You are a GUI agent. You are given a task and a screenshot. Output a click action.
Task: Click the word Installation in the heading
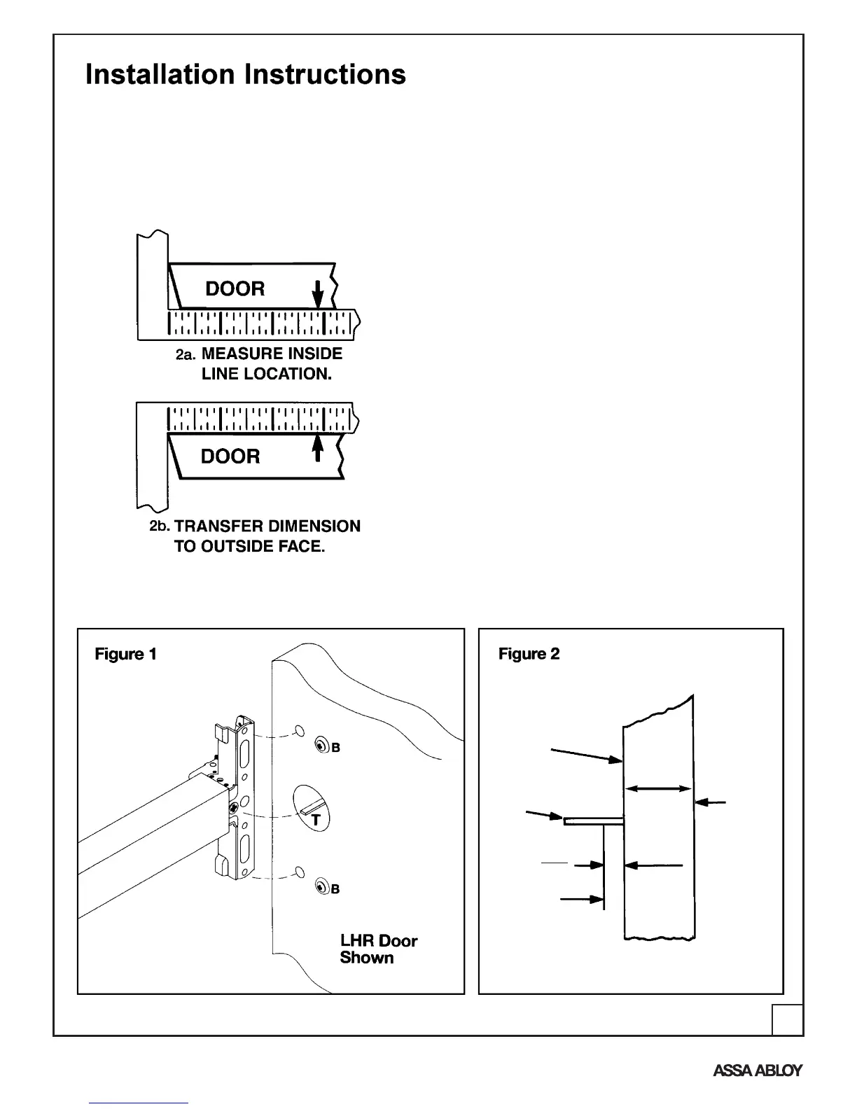pos(160,74)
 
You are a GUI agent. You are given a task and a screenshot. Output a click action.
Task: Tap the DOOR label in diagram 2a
pos(235,288)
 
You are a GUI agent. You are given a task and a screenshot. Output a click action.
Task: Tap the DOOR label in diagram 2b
pos(230,456)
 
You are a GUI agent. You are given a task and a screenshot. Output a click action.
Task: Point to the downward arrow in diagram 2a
pos(318,294)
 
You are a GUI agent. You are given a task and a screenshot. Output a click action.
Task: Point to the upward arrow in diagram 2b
pos(318,448)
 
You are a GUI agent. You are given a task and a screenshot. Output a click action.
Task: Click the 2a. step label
pos(186,355)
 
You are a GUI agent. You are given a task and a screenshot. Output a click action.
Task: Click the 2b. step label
pos(160,526)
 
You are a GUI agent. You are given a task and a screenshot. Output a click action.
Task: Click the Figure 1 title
pos(125,654)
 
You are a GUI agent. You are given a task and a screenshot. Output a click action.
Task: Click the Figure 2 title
pos(529,654)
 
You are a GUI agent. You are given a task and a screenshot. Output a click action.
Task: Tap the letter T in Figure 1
pos(316,820)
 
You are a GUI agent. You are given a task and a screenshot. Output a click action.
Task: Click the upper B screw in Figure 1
pos(322,746)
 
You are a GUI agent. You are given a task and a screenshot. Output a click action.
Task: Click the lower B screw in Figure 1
pos(322,887)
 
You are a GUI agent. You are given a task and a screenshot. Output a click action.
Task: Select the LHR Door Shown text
pos(378,949)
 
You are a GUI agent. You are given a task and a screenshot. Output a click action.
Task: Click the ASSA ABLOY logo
pos(758,1070)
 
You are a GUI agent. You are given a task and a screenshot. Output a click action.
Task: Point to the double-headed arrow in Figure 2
pos(658,789)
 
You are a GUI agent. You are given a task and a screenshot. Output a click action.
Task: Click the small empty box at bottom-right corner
pos(787,1019)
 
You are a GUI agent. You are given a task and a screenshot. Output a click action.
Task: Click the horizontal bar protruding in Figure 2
pos(593,821)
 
